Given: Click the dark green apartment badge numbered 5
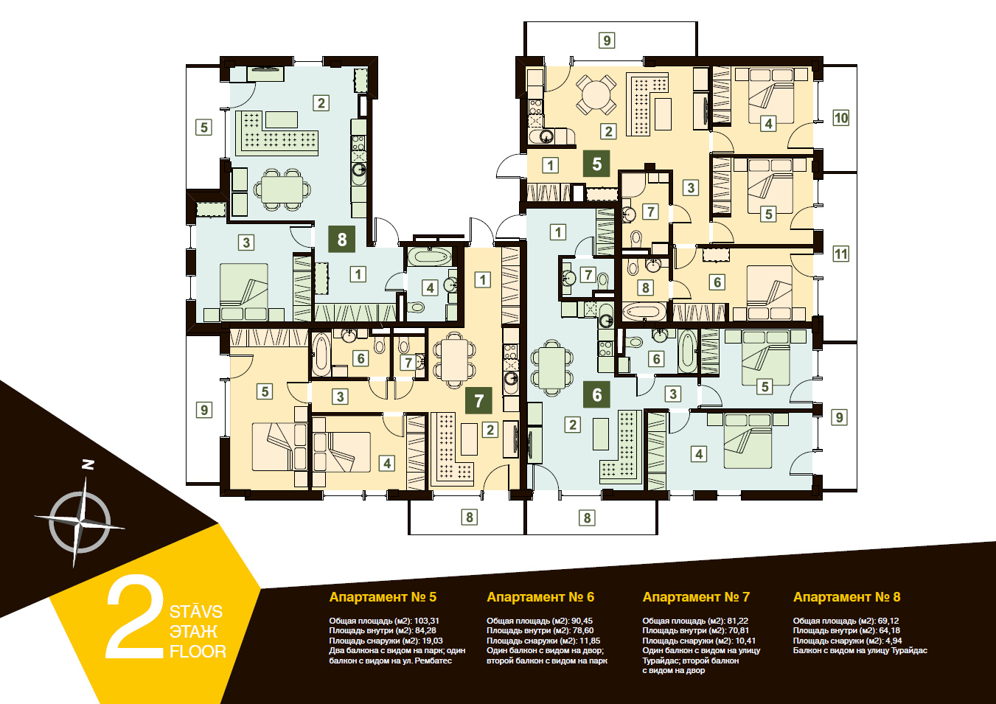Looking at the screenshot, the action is [x=596, y=164].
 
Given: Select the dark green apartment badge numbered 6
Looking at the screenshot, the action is [x=596, y=394].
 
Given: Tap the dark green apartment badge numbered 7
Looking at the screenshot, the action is [x=478, y=400].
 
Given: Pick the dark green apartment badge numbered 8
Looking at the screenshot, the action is [x=341, y=240].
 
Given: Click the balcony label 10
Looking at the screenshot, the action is [x=840, y=118].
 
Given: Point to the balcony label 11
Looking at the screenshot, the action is [x=840, y=254].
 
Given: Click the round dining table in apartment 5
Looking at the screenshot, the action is [x=596, y=94].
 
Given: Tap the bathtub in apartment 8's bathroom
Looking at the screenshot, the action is [x=430, y=257].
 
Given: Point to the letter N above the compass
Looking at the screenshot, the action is [x=88, y=464].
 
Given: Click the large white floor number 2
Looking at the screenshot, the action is [x=135, y=617].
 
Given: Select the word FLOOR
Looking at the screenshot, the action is [x=198, y=652].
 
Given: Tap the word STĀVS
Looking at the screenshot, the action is [x=195, y=612].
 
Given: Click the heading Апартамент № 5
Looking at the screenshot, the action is [x=383, y=597].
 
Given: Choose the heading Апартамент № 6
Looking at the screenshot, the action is [x=540, y=597].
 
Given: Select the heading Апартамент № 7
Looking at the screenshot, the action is [x=696, y=597].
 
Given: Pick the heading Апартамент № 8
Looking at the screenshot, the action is [x=846, y=597].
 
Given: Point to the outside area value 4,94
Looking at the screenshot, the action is [x=894, y=641].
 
